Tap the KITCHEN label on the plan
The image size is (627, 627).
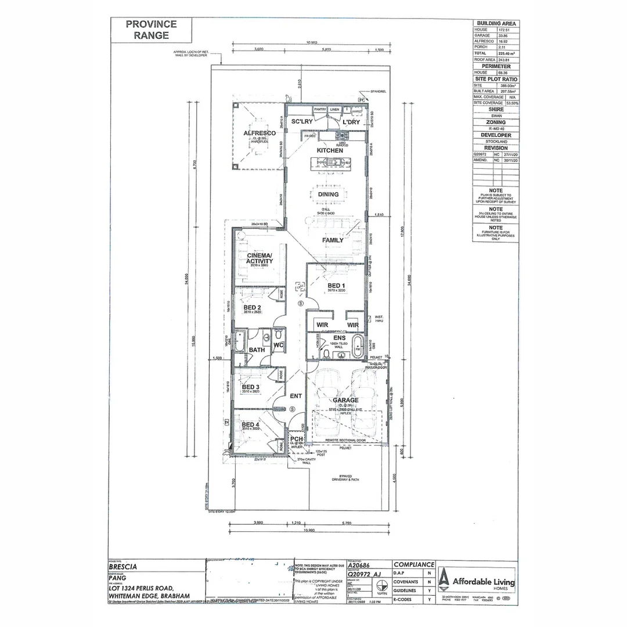[x=330, y=150]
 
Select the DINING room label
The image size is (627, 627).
[x=328, y=194]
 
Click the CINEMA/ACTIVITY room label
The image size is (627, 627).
[x=260, y=258]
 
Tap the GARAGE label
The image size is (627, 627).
[x=345, y=400]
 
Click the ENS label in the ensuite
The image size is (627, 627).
[x=339, y=337]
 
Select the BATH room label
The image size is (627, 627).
[x=257, y=350]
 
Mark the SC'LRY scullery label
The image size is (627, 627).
[x=302, y=121]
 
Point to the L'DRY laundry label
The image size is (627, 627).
[x=351, y=122]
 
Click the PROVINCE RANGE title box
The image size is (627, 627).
[x=152, y=30]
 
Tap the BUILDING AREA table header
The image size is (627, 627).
[x=496, y=23]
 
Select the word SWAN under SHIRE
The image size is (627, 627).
[x=496, y=116]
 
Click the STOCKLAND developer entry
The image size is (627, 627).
[x=496, y=141]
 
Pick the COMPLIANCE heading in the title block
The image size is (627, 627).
[x=414, y=564]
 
